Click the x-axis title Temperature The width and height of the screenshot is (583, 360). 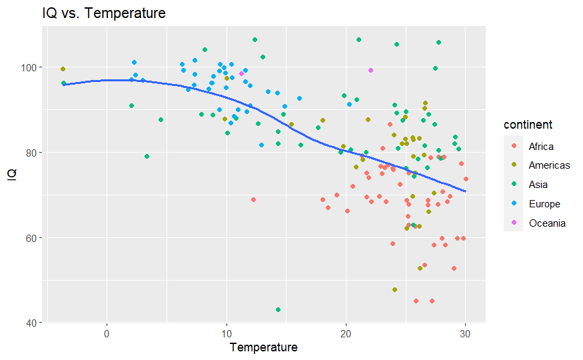tap(263, 347)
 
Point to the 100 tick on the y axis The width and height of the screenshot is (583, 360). tap(32, 67)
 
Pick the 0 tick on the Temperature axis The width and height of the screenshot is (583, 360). tap(107, 333)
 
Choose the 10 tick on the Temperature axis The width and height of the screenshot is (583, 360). tap(227, 333)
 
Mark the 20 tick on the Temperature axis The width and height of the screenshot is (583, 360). tap(346, 333)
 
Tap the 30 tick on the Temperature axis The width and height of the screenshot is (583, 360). tap(465, 333)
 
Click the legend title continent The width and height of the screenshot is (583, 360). tap(527, 125)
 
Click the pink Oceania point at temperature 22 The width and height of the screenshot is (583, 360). tap(371, 70)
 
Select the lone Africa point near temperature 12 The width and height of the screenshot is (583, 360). tap(253, 199)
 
